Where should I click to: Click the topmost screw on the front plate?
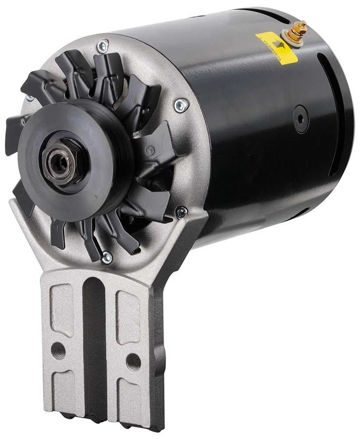click(102, 45)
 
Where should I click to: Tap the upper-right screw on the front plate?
click(181, 106)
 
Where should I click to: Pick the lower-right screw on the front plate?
click(181, 212)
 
